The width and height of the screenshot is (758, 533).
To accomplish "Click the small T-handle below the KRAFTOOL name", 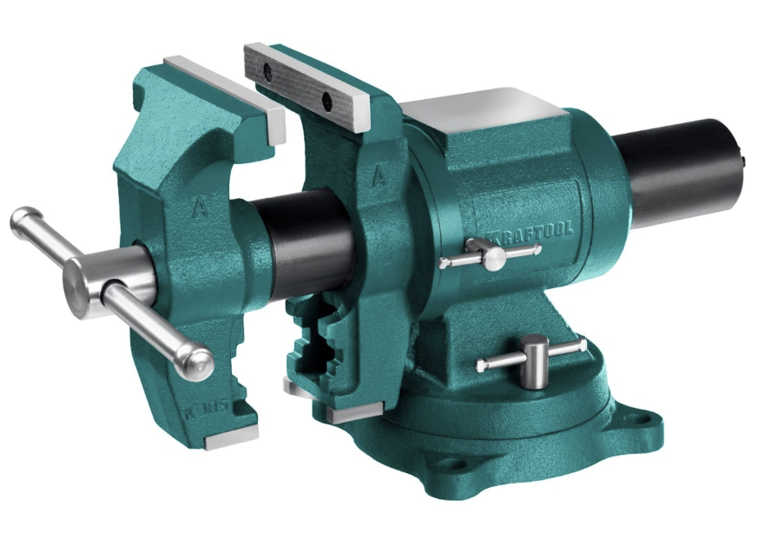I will click(x=491, y=255).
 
